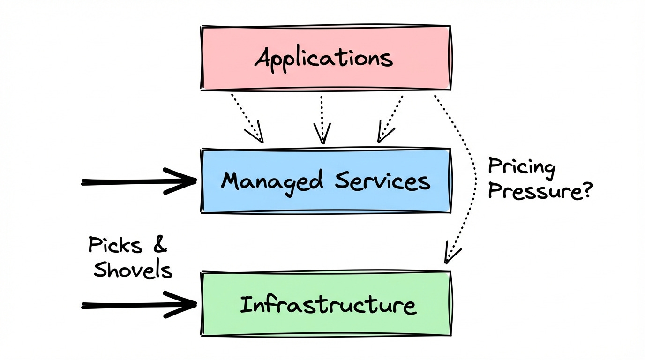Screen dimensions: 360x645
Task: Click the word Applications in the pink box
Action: tap(323, 59)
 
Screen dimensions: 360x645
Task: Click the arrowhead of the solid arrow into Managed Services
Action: tap(185, 181)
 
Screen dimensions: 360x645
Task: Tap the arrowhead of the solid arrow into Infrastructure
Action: tap(185, 305)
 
